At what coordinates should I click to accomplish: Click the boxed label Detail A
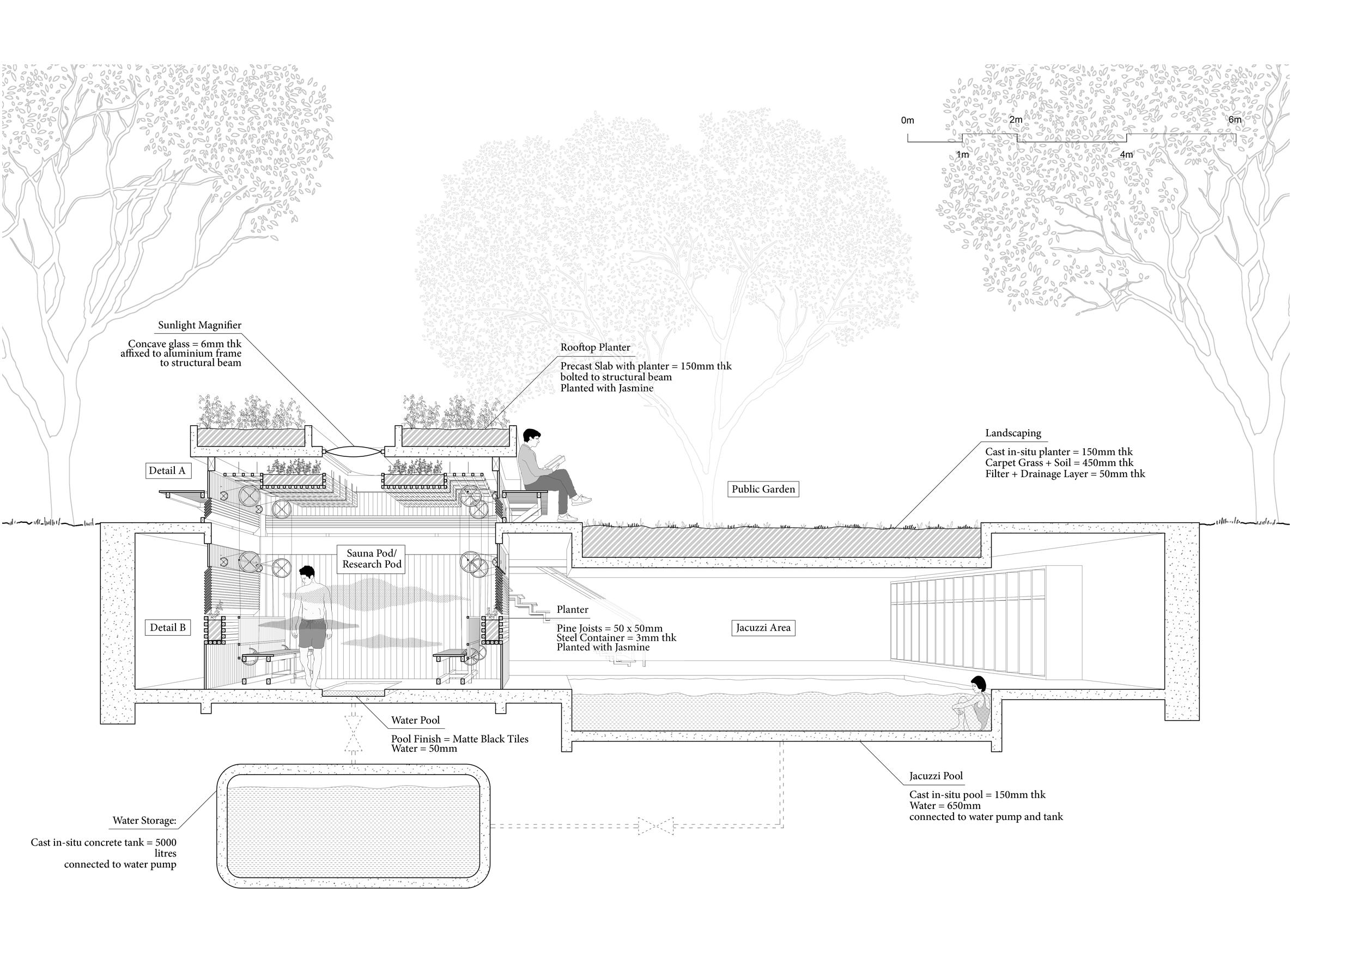167,471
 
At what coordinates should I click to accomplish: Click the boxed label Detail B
167,628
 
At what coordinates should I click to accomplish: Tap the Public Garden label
763,489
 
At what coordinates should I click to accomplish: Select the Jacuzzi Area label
763,628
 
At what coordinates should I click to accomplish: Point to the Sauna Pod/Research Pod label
372,559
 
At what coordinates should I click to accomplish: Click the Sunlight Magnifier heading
199,325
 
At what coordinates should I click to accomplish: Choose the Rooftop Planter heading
595,348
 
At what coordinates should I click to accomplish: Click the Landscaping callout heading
1012,433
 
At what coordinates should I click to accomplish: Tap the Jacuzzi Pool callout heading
936,776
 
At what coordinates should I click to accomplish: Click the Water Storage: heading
144,820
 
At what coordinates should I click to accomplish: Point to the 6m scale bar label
1234,120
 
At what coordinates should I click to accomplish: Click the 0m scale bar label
908,120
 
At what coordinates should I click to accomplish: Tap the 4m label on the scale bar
1126,155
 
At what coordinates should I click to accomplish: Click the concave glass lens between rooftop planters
353,451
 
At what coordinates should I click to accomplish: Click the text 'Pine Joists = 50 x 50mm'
609,629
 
